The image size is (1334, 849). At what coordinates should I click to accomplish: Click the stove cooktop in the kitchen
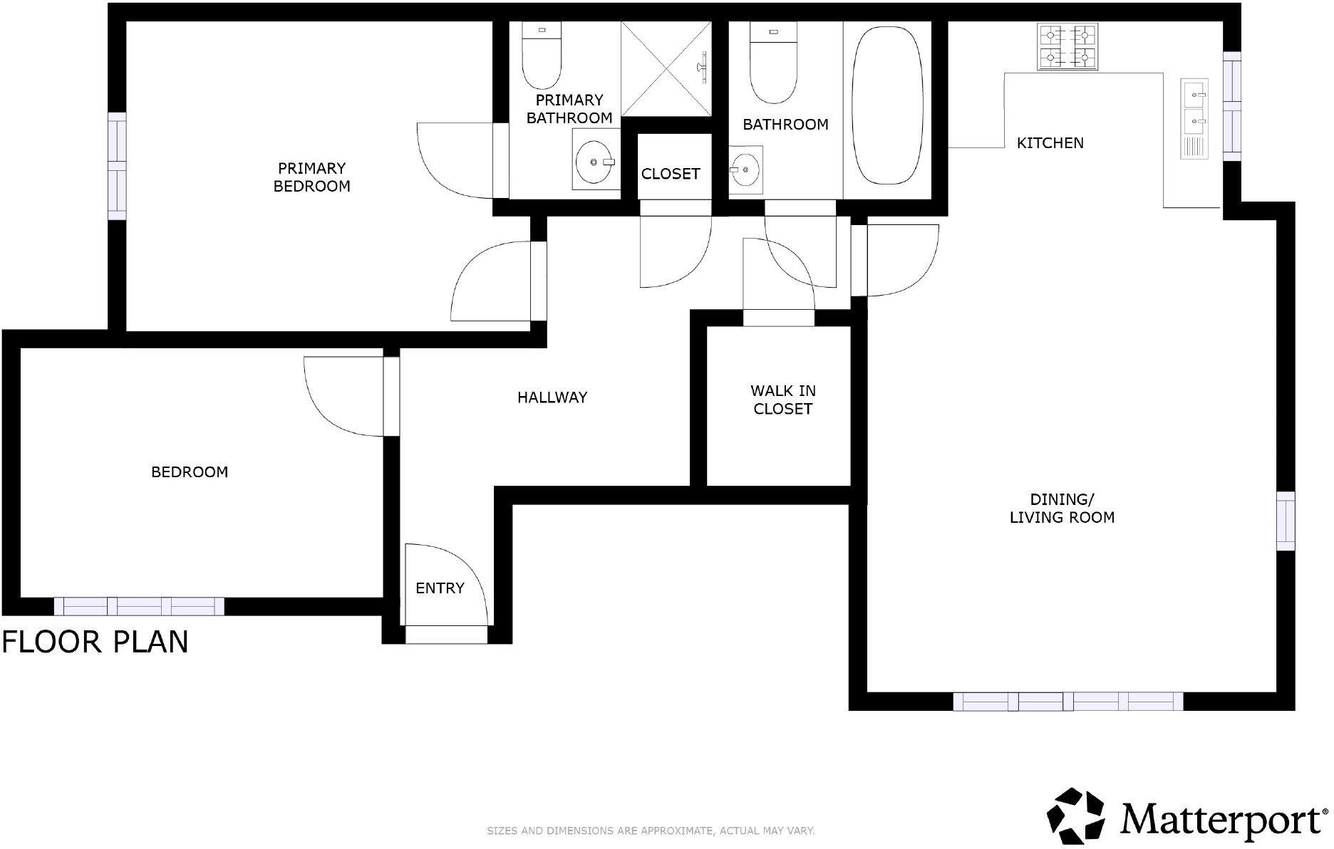click(x=1067, y=46)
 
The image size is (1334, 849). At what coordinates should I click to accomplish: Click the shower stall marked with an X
click(x=666, y=68)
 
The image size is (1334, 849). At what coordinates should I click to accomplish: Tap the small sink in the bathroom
click(x=745, y=170)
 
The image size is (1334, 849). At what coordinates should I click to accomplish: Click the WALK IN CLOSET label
click(x=782, y=400)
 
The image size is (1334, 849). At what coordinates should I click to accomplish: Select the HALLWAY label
click(x=552, y=397)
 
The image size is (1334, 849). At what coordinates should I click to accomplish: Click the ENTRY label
click(x=440, y=588)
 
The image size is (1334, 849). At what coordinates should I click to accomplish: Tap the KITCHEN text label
click(x=1050, y=143)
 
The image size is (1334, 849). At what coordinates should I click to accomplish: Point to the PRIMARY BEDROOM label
click(x=312, y=177)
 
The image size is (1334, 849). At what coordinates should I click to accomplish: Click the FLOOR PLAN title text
click(x=95, y=642)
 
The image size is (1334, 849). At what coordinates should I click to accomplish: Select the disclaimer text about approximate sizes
click(x=651, y=830)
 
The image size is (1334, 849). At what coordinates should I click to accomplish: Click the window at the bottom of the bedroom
click(x=139, y=606)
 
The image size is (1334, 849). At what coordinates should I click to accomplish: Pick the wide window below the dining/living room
click(x=1067, y=702)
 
